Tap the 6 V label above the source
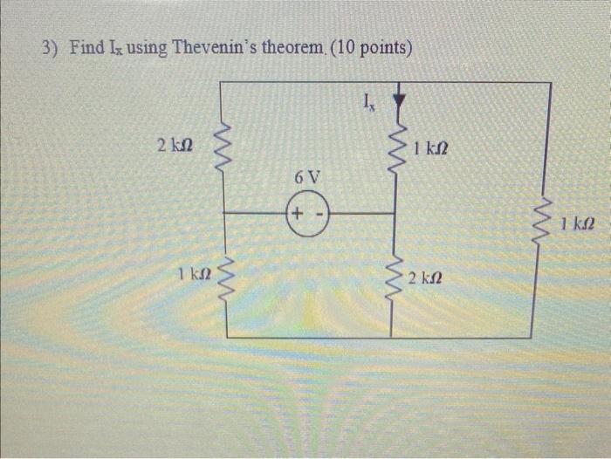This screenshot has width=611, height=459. tap(307, 177)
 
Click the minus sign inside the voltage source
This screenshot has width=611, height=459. tap(319, 213)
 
